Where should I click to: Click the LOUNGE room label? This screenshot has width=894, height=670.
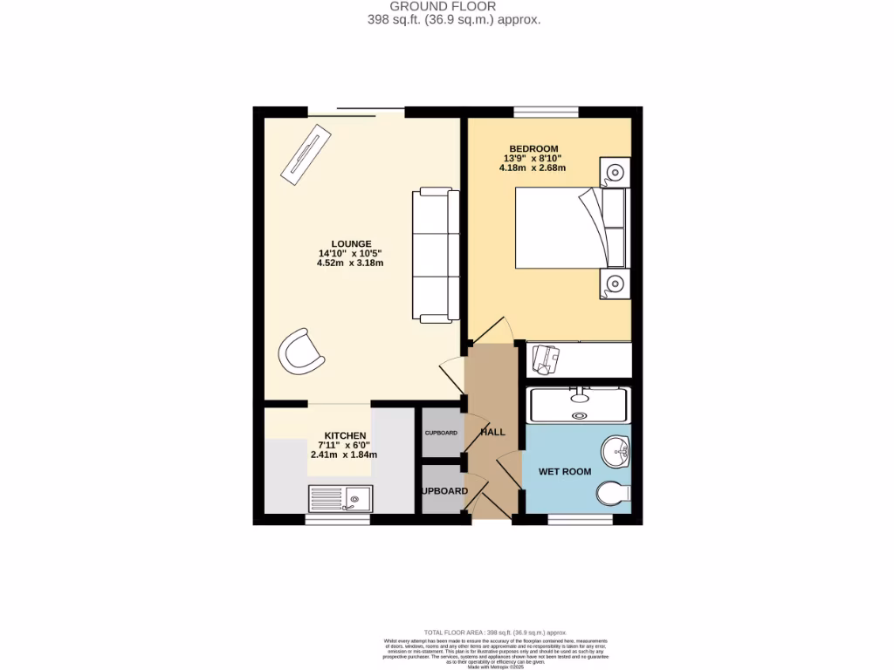[351, 243]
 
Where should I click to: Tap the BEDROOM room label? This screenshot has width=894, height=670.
[533, 148]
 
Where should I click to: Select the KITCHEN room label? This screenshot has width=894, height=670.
[345, 435]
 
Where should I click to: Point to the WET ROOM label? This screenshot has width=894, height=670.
[564, 472]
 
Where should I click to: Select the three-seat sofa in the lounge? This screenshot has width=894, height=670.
[436, 254]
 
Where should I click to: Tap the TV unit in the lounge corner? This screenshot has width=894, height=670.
[306, 154]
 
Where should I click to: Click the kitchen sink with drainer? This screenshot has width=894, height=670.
[340, 498]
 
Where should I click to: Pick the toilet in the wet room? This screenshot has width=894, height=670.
[614, 494]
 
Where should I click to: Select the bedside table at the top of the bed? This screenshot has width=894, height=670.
[614, 172]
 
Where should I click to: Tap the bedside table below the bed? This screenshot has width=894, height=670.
[615, 283]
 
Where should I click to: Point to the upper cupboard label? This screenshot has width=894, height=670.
[441, 433]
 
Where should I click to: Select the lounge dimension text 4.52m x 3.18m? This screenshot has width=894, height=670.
[351, 263]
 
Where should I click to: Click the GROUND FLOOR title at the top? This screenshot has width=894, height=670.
[453, 6]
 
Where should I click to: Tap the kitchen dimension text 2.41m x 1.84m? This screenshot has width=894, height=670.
[345, 455]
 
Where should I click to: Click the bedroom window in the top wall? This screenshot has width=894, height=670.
[546, 112]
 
